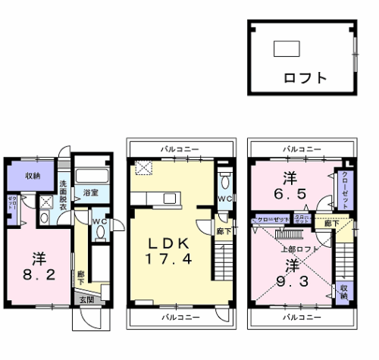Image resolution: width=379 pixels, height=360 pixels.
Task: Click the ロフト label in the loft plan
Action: (305, 77)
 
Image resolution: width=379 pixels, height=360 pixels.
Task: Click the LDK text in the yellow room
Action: (168, 243)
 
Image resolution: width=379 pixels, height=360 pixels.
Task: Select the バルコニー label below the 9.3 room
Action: (302, 317)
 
